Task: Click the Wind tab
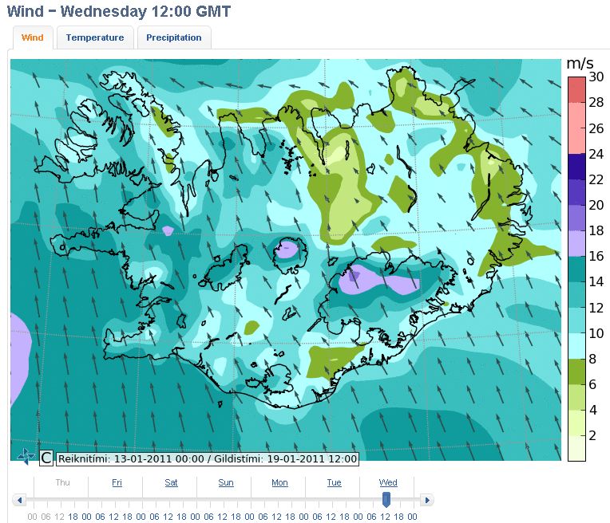point(33,37)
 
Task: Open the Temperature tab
point(95,37)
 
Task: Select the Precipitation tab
point(174,37)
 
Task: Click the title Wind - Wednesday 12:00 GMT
point(119,12)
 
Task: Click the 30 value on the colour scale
point(596,77)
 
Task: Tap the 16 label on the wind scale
point(596,257)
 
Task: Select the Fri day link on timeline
point(117,482)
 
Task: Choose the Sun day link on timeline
point(226,482)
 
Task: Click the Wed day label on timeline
point(388,482)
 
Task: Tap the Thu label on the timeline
point(62,482)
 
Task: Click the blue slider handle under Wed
point(386,499)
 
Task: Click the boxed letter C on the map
point(46,458)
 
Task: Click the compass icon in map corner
point(26,457)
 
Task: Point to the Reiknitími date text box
point(207,458)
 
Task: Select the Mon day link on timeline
point(279,482)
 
